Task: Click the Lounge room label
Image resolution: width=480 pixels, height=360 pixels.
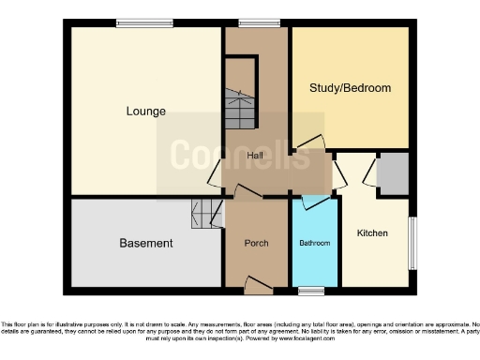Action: coord(146,112)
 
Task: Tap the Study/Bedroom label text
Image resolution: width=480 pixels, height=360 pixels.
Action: coord(350,88)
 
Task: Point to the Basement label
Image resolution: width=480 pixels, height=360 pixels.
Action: coord(146,244)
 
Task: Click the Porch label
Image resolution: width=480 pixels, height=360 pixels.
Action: coord(256,244)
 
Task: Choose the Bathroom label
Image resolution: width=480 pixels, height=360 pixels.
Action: coord(315,244)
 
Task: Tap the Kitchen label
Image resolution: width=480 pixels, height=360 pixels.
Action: coord(372,232)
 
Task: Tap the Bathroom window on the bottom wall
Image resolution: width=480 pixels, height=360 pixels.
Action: coord(311,289)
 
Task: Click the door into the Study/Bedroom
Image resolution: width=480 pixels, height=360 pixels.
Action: coord(306,145)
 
